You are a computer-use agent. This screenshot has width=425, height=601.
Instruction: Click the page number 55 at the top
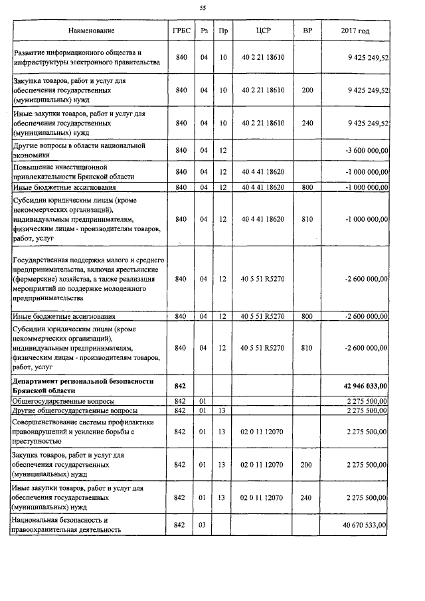click(x=203, y=9)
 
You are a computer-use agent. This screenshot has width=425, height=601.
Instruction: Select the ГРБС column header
click(x=180, y=31)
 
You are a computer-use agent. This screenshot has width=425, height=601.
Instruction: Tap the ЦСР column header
click(x=263, y=31)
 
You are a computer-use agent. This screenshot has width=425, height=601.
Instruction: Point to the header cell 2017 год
click(x=355, y=31)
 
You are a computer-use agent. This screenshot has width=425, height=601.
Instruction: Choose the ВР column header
click(x=307, y=31)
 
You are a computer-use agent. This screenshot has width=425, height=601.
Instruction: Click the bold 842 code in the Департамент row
click(x=180, y=385)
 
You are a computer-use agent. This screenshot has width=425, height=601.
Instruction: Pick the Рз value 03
click(x=204, y=525)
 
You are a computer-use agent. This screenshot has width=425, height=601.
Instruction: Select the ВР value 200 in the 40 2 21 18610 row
click(x=307, y=90)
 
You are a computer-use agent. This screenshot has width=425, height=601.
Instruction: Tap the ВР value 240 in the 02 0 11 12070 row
click(x=307, y=497)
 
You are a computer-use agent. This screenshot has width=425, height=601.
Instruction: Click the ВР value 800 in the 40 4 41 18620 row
click(x=307, y=187)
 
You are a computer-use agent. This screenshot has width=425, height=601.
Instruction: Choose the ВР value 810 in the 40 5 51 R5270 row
click(x=307, y=347)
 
